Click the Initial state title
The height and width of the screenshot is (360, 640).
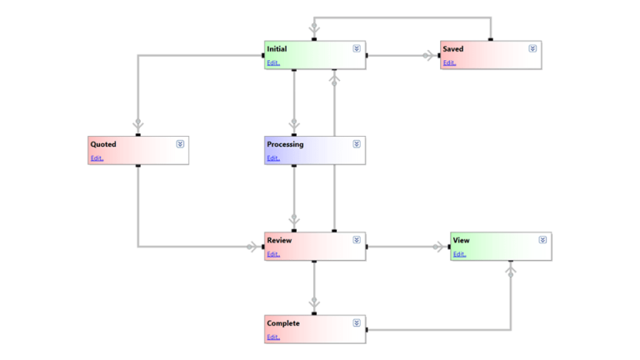(277, 49)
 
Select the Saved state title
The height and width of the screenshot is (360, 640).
(453, 49)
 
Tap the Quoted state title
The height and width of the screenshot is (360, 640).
(103, 144)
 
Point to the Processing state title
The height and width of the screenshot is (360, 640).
(285, 144)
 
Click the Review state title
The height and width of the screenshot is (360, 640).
(278, 240)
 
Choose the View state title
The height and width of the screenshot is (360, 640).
(461, 241)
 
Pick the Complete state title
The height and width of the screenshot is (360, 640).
(282, 323)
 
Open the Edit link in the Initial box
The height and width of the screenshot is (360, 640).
(273, 62)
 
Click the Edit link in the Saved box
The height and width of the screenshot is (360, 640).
(449, 62)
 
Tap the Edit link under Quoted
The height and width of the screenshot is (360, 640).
(97, 157)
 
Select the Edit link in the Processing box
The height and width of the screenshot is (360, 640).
(273, 157)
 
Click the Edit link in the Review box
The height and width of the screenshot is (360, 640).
(273, 254)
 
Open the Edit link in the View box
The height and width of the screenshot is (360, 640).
(459, 254)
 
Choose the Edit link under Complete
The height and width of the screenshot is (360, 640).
(273, 337)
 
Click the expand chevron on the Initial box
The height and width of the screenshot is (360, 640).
(357, 48)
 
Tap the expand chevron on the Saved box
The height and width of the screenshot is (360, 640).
(532, 48)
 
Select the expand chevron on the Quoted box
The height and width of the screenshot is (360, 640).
(180, 143)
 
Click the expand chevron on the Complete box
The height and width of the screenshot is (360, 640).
(357, 322)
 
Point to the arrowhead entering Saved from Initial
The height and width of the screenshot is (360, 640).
(430, 56)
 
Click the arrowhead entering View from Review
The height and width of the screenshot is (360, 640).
(439, 247)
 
